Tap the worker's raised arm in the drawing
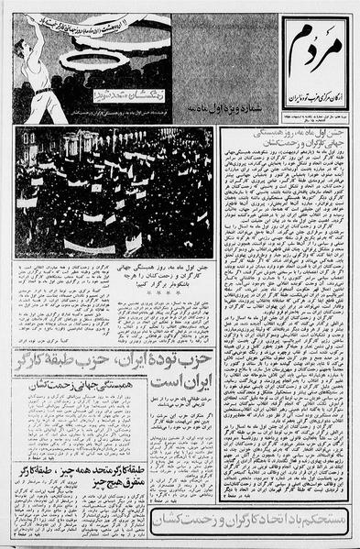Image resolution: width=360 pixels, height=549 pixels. [x=27, y=28]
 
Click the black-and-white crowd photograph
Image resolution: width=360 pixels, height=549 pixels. [x=114, y=192]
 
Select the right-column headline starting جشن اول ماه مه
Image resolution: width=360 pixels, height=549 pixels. [x=284, y=142]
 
